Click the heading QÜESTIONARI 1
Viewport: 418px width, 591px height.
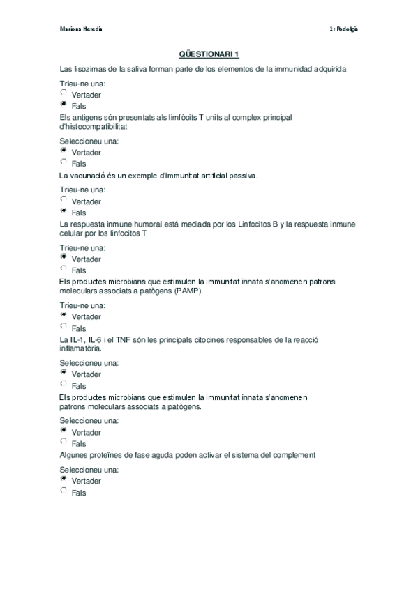[x=209, y=55]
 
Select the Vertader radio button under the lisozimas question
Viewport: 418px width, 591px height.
[x=64, y=92]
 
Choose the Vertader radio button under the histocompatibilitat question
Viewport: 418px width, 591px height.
[x=64, y=150]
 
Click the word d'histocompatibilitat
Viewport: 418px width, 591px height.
[x=94, y=128]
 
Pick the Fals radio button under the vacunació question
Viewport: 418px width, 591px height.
[x=64, y=210]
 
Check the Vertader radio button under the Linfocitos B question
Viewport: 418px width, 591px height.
[x=64, y=256]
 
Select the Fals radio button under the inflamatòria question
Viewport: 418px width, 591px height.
[x=64, y=384]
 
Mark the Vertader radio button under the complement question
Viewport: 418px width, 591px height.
[x=64, y=479]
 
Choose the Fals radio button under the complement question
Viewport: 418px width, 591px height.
[x=64, y=491]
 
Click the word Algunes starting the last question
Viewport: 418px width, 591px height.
[x=75, y=454]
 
